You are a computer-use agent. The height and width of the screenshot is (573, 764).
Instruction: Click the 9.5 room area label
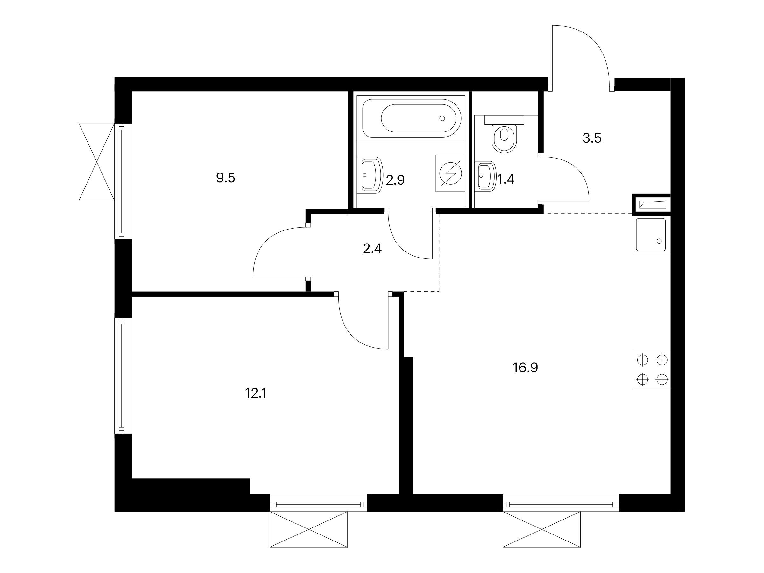(225, 178)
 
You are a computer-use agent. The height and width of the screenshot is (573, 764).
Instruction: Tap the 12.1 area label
(256, 393)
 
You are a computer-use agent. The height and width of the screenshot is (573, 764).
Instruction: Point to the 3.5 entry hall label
(592, 138)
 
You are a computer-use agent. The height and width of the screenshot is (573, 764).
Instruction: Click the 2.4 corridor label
(372, 249)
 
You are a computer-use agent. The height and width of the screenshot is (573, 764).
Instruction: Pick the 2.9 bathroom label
(395, 180)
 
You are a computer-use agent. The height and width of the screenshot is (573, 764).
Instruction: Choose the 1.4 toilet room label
(506, 179)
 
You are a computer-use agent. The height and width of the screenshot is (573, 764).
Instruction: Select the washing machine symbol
(450, 173)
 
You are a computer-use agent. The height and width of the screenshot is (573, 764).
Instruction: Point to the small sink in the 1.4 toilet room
(485, 176)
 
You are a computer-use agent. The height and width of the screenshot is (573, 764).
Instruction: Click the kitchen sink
(651, 236)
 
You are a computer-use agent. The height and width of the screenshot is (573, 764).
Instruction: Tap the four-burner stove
(651, 370)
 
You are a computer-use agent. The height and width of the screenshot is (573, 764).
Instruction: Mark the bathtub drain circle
(442, 118)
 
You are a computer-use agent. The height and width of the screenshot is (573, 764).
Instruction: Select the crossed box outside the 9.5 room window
(97, 162)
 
